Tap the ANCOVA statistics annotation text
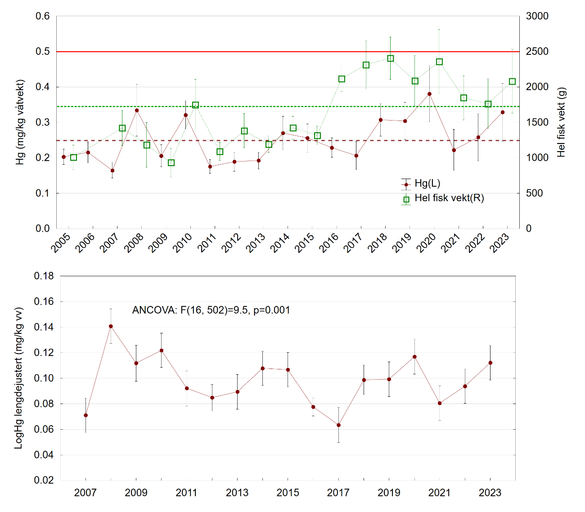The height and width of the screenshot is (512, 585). [211, 310]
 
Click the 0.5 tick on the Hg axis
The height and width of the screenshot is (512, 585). [43, 52]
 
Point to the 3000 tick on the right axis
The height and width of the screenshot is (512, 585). [537, 16]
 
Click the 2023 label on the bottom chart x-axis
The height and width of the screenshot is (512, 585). [490, 493]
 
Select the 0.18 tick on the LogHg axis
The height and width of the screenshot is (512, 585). [44, 276]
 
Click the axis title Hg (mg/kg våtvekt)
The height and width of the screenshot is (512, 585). [21, 122]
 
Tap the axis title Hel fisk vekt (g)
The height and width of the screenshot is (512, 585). [561, 122]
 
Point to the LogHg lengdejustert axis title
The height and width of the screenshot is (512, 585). [19, 378]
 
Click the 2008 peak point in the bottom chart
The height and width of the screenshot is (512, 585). [111, 326]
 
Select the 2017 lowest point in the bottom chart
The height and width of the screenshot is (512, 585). [338, 425]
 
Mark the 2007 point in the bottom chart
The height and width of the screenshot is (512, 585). [85, 415]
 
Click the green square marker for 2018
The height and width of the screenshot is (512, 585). [391, 58]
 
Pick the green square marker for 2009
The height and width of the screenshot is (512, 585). [171, 163]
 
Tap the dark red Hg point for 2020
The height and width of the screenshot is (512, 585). [429, 94]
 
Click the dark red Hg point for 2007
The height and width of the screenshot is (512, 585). [112, 171]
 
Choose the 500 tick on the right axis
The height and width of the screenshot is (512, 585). [535, 193]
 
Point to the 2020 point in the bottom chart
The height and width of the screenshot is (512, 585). [414, 357]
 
